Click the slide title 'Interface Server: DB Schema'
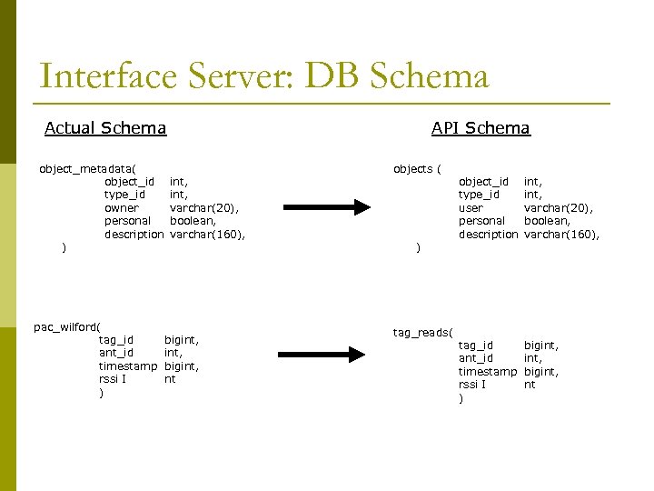[264, 76]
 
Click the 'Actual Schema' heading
[105, 128]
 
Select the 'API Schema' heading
[481, 128]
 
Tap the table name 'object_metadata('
[87, 168]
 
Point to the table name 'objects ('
[417, 168]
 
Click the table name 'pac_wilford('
[66, 326]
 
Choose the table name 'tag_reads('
[423, 332]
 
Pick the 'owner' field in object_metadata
[122, 208]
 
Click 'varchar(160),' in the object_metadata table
[208, 235]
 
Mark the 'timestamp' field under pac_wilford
[127, 366]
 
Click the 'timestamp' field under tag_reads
[487, 372]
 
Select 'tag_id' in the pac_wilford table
[116, 340]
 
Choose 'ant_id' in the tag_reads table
[475, 358]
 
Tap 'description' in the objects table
[488, 235]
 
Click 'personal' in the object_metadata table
[128, 221]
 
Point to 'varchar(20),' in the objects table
[559, 208]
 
